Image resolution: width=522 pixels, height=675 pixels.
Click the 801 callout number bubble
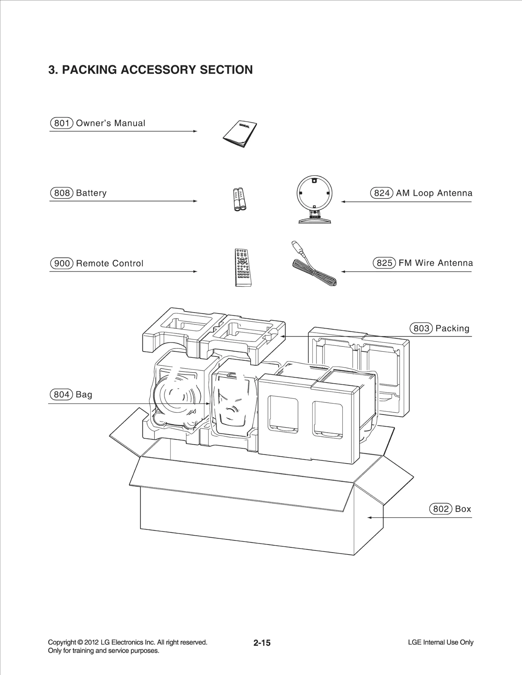(x=61, y=123)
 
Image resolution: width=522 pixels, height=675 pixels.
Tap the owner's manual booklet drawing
(x=240, y=134)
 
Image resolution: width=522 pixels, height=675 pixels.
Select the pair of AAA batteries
(x=239, y=199)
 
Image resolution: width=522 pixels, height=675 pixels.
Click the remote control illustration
(x=242, y=268)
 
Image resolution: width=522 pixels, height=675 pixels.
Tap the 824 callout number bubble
(x=382, y=193)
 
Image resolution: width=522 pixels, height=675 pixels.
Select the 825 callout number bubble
(x=384, y=263)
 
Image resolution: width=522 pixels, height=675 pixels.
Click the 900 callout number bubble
(x=61, y=263)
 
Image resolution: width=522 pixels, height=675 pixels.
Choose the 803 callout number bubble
(x=421, y=328)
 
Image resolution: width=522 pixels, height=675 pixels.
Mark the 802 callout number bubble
(x=441, y=509)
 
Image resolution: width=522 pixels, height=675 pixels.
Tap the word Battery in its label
(x=91, y=193)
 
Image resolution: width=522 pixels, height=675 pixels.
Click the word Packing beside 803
(x=452, y=328)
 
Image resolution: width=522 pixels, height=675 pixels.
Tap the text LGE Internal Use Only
(x=440, y=642)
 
